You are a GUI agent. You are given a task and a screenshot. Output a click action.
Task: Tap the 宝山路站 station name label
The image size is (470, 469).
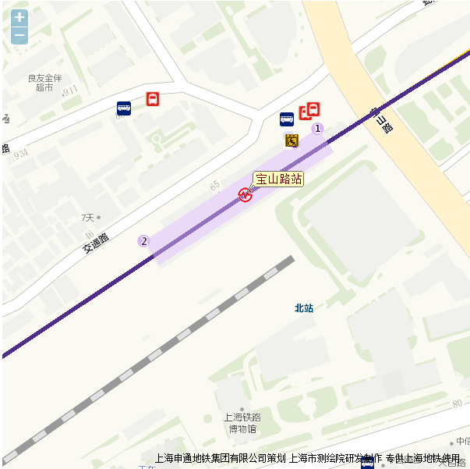(x=278, y=179)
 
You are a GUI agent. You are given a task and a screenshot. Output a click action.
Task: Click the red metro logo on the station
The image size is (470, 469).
(x=246, y=195)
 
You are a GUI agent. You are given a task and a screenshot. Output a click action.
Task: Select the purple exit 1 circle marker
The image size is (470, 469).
(x=317, y=128)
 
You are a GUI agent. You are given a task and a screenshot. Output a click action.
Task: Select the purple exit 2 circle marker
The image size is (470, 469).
(x=143, y=241)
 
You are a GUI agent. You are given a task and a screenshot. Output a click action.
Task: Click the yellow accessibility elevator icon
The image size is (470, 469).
(x=292, y=140)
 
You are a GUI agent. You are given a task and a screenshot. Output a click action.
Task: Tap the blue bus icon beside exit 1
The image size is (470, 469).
(x=287, y=119)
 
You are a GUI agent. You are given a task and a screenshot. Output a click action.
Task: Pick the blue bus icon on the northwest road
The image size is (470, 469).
(x=124, y=108)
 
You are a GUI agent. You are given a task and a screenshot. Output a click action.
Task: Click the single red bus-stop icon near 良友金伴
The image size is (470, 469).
(x=153, y=99)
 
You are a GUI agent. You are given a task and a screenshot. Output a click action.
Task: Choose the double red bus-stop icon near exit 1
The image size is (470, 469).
(x=310, y=111)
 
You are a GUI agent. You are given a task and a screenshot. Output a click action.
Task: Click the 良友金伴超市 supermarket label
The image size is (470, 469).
(x=44, y=83)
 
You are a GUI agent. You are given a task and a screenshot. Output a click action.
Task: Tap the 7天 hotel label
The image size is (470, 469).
(x=87, y=217)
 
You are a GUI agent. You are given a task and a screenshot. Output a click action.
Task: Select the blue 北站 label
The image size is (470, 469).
(x=303, y=308)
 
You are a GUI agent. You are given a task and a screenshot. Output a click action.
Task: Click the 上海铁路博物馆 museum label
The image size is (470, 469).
(x=242, y=422)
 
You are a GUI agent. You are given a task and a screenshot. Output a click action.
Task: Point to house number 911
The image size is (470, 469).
(x=71, y=91)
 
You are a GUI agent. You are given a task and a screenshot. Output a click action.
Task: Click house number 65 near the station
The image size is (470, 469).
(x=214, y=185)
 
